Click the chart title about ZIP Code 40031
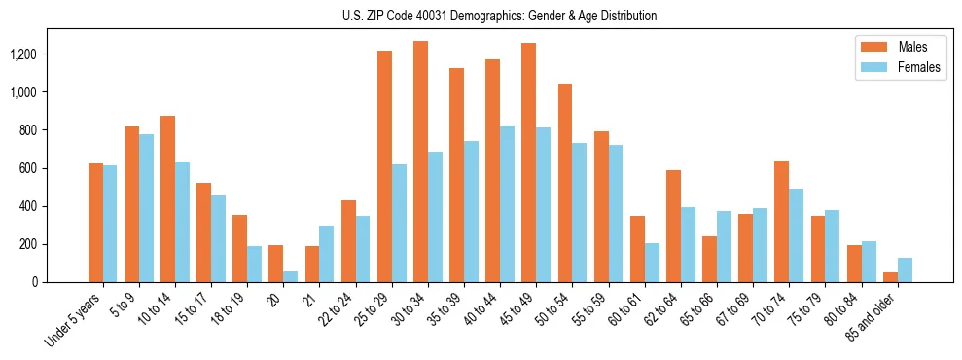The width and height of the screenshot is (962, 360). click(x=500, y=16)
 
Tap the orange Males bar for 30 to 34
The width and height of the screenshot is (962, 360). click(x=420, y=162)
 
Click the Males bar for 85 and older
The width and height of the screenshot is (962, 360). click(x=890, y=277)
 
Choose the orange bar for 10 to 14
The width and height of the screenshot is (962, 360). click(x=167, y=199)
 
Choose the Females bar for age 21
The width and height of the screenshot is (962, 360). click(x=327, y=254)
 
